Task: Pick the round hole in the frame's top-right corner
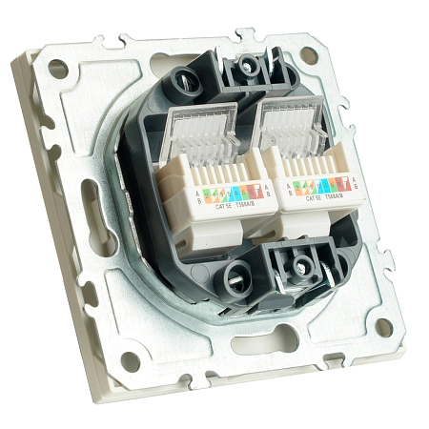pos(308,55)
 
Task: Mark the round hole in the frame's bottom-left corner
pos(131,360)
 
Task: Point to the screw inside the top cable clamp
pos(250,65)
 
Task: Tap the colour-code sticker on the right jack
pos(327,183)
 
